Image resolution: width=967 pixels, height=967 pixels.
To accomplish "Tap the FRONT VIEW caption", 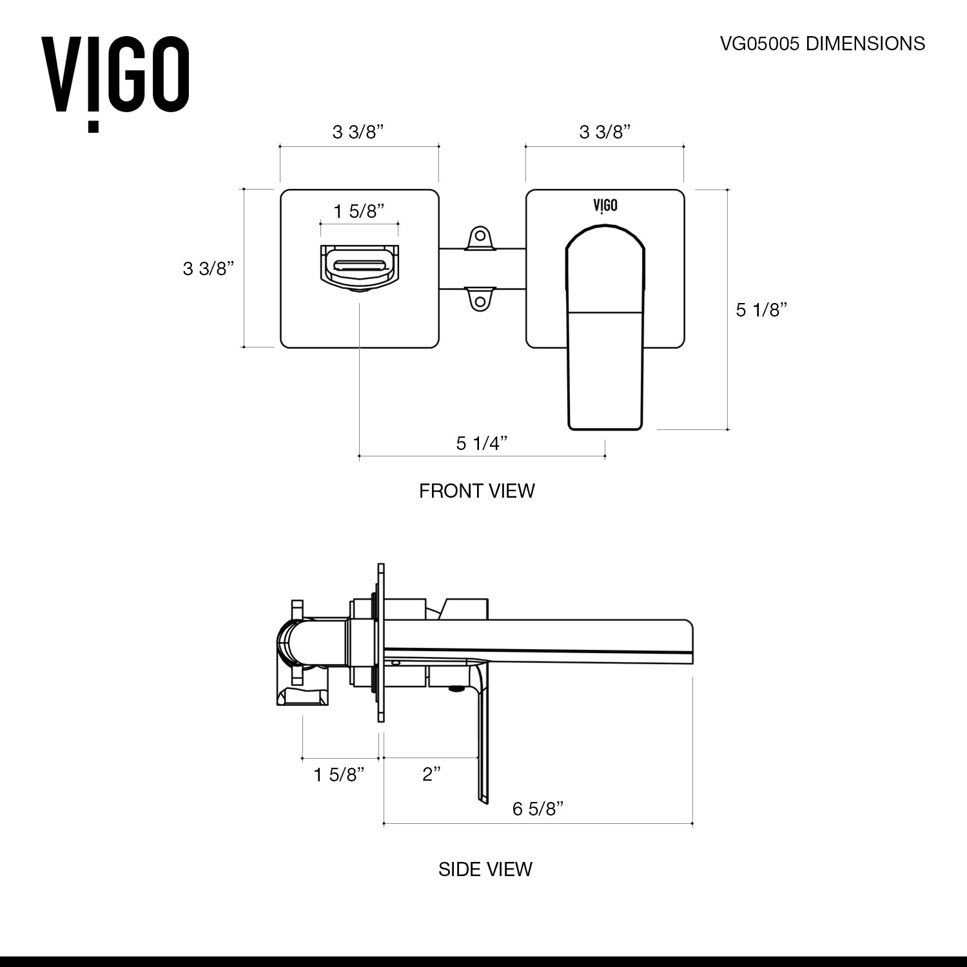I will coord(476,491).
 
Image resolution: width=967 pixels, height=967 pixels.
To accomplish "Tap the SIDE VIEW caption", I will coord(485,869).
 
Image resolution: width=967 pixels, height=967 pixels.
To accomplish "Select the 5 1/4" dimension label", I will coord(482,444).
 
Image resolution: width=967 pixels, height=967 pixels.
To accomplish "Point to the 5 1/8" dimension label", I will coord(762,310).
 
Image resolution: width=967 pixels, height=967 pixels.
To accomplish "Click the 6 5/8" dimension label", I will coord(538,809).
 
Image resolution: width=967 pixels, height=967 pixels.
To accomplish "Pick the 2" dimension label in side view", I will coord(431,774).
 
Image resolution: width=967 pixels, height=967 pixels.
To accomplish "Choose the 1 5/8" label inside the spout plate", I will coord(358,211).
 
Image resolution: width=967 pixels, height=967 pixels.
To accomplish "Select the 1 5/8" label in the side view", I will coord(339,774).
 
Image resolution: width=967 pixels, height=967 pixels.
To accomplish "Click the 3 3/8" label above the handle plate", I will coord(604,132).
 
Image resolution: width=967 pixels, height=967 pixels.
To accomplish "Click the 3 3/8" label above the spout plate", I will coord(358,132).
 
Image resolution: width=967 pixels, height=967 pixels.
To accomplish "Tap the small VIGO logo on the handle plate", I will coord(605,205).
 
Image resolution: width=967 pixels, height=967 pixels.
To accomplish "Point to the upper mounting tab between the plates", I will coord(479,237).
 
